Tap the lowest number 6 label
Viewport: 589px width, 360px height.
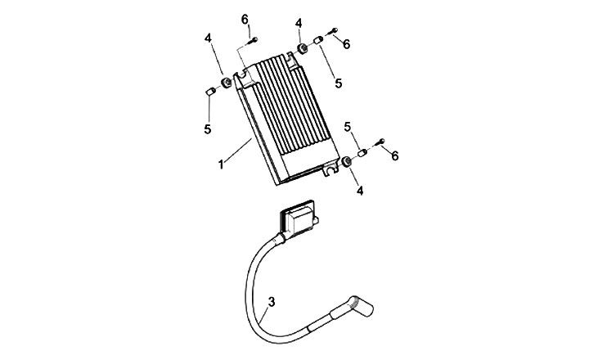tap(396, 155)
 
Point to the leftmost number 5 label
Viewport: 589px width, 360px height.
tap(207, 128)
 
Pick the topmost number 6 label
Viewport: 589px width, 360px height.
tap(245, 19)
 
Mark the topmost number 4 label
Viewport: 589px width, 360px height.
tap(299, 23)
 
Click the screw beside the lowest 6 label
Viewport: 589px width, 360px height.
tap(379, 146)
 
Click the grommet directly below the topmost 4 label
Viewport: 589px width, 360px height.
tap(302, 49)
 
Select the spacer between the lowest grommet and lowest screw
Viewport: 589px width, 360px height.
tap(362, 153)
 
